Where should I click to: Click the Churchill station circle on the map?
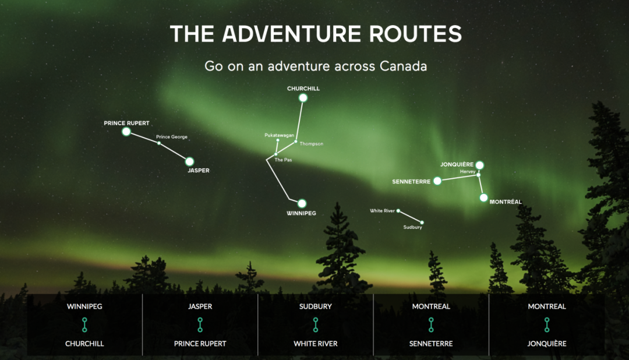tap(303, 98)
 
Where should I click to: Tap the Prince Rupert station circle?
tap(126, 132)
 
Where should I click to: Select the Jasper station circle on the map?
tap(189, 161)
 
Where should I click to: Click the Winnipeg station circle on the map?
tap(302, 203)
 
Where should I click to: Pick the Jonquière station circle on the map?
tap(479, 165)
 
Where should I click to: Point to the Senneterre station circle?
tap(437, 181)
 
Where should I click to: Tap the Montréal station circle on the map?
tap(483, 197)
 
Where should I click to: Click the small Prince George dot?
tap(159, 143)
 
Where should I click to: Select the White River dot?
tap(398, 211)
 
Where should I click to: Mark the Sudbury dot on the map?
tap(422, 223)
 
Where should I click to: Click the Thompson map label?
tap(311, 144)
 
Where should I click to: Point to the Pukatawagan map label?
tap(279, 135)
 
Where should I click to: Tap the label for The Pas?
tap(283, 160)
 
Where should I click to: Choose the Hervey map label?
tap(468, 171)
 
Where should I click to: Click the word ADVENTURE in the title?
tap(292, 34)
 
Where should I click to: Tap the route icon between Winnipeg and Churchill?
tap(84, 324)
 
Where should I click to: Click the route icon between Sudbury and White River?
tap(316, 324)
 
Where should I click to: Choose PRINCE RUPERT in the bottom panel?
tap(200, 344)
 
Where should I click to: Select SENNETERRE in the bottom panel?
tap(431, 344)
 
